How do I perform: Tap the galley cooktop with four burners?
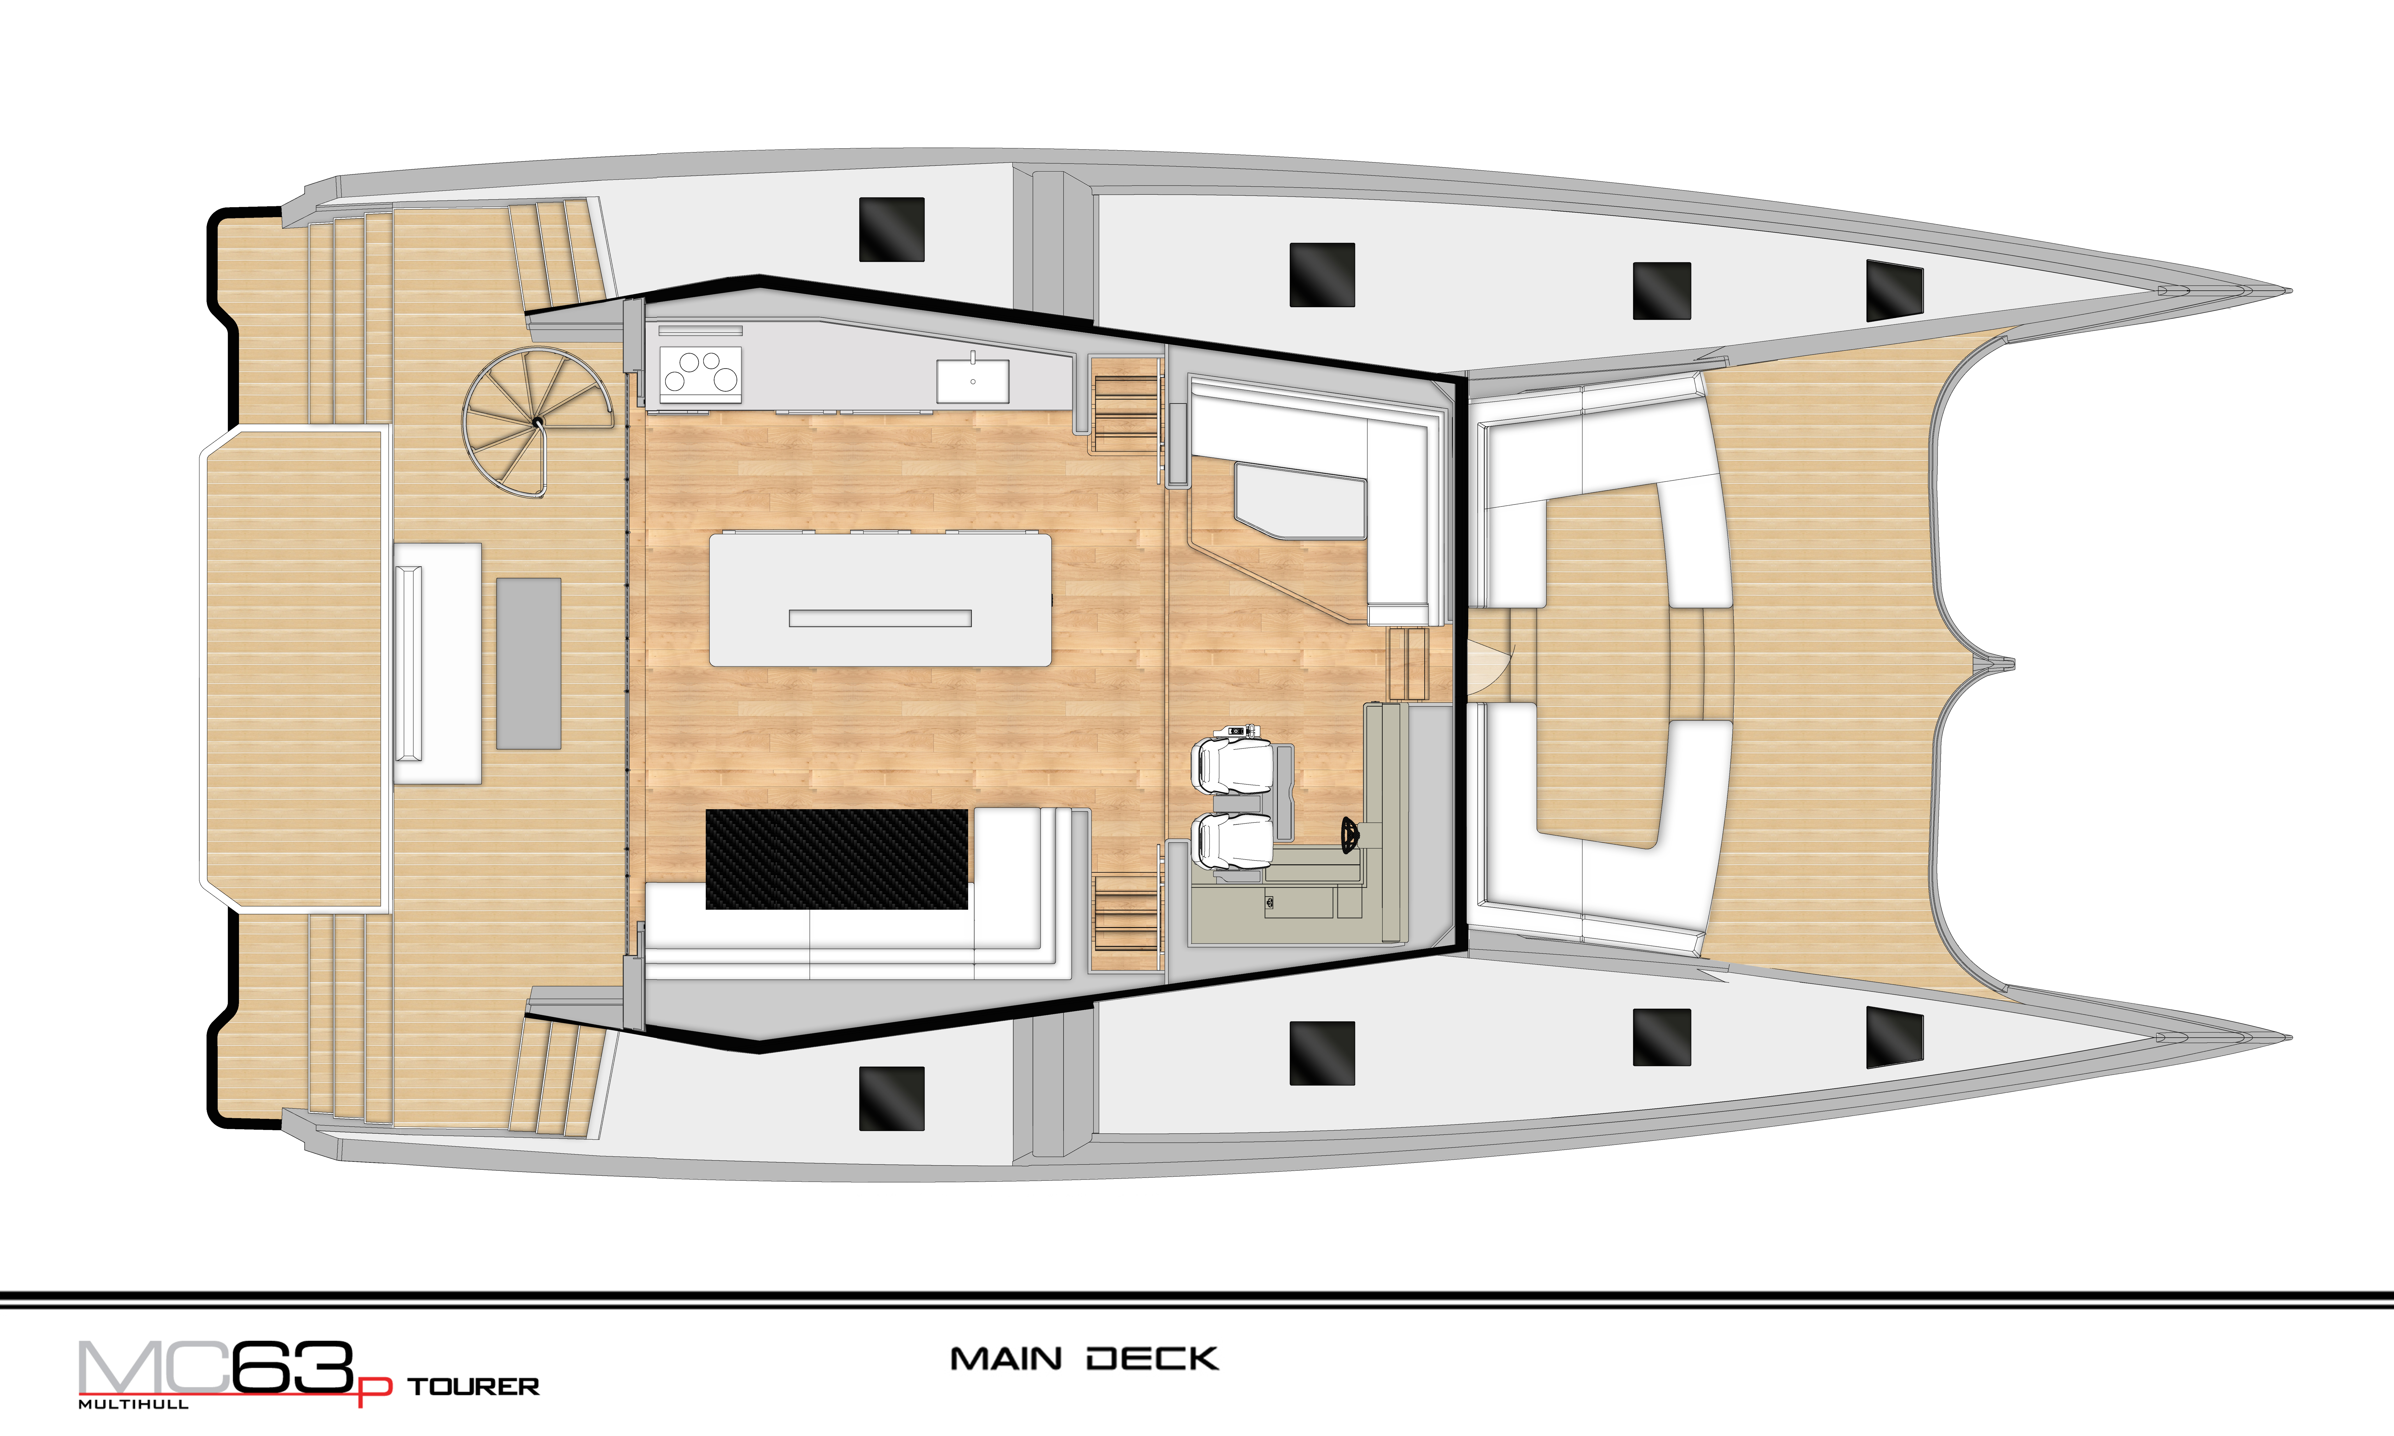700,374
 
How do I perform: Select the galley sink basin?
972,380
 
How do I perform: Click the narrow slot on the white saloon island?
880,618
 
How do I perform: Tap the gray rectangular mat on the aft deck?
528,664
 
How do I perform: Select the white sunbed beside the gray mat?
437,664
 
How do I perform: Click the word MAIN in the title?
1006,1360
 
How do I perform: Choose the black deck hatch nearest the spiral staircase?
891,229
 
